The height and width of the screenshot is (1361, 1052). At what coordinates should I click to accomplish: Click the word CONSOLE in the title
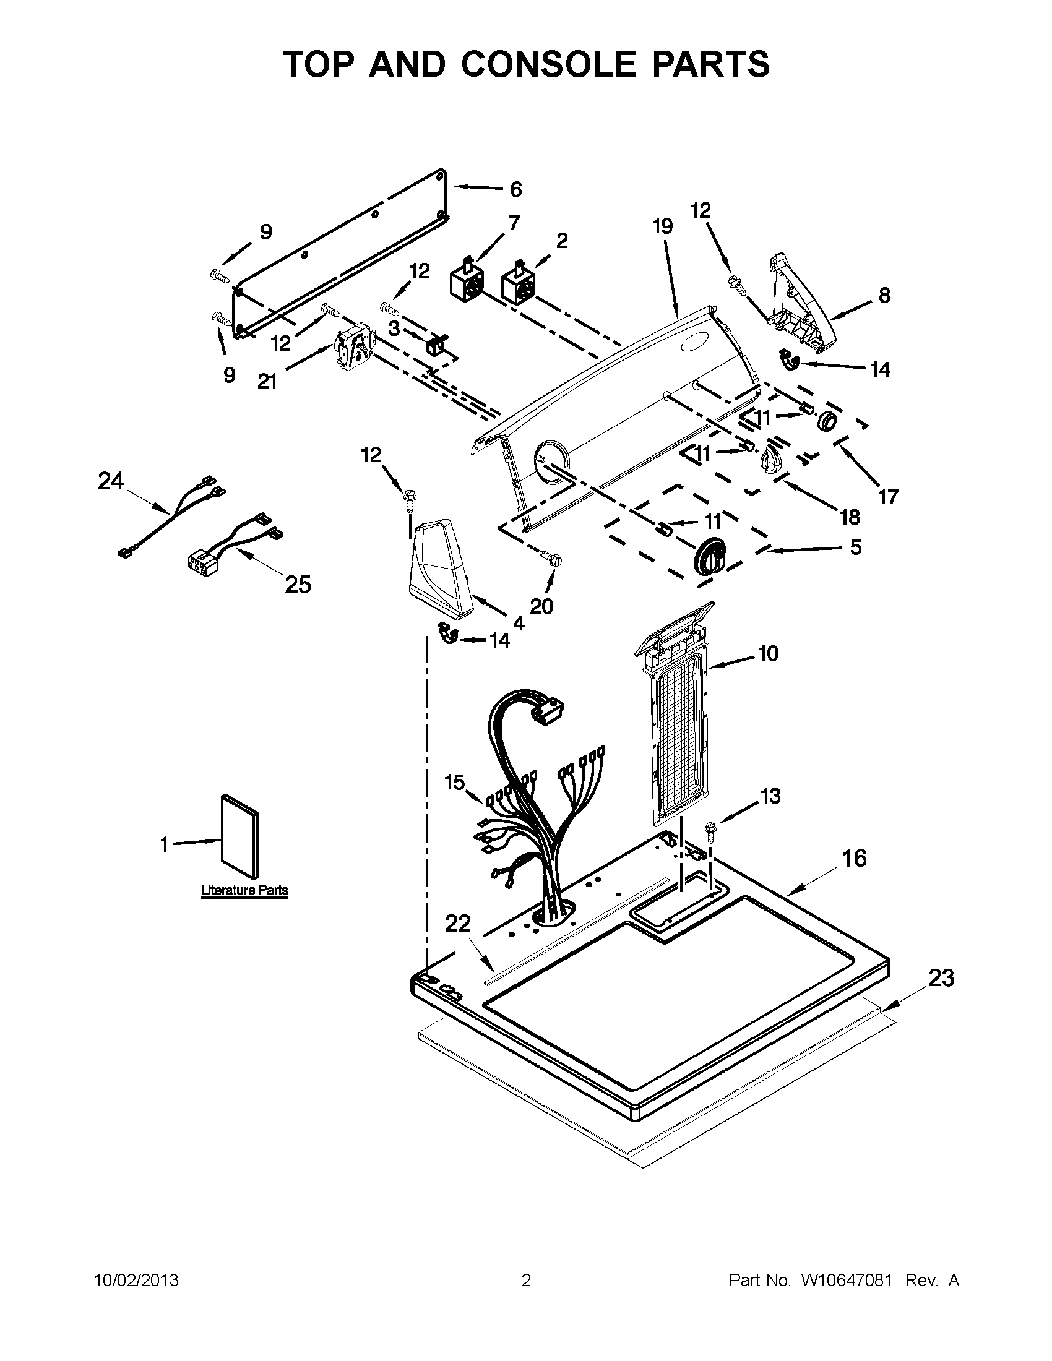549,64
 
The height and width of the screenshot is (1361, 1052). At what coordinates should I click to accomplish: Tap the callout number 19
663,226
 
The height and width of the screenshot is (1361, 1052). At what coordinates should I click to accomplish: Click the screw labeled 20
549,556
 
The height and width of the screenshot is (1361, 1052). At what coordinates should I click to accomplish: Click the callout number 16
854,858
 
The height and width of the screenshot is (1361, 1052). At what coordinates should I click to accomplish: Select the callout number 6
515,189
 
